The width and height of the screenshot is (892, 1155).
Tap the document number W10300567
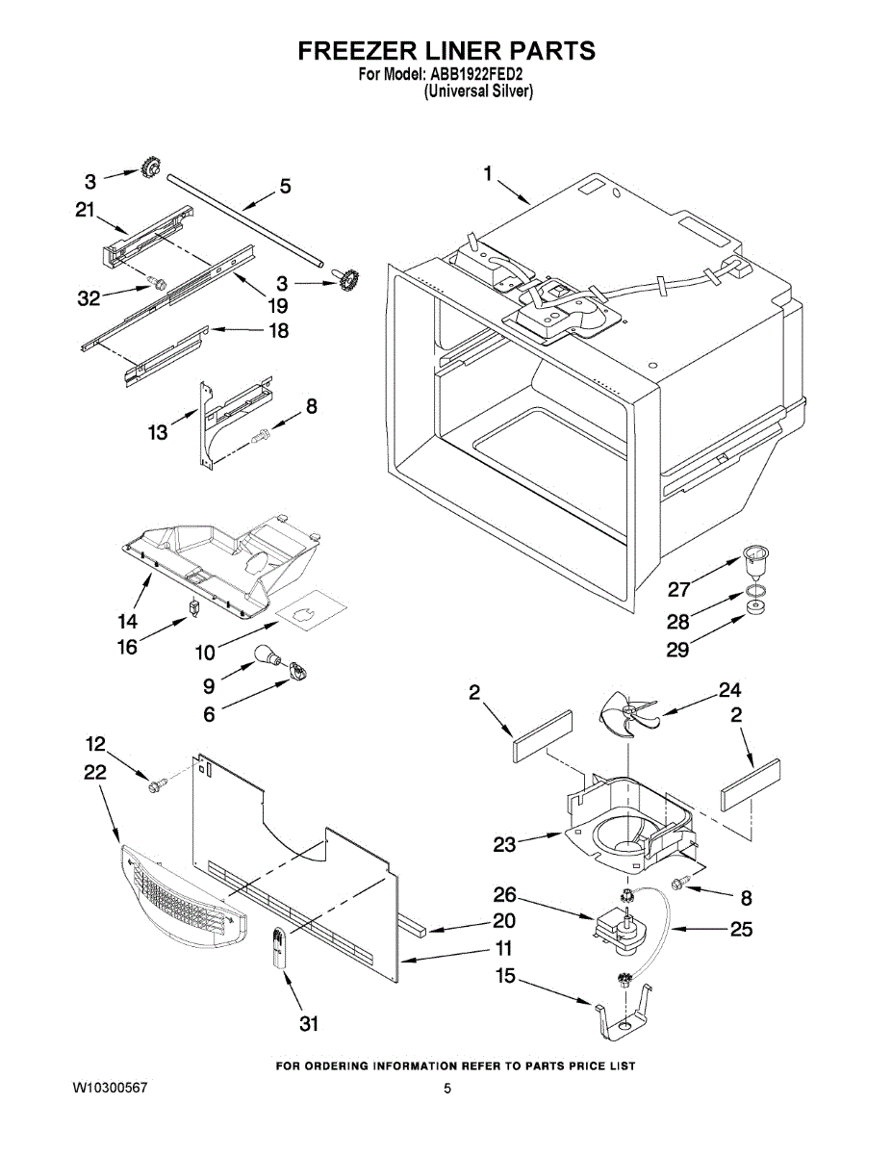coord(110,1088)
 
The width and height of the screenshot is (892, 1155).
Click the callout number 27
coord(678,589)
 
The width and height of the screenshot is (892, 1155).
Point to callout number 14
coord(128,620)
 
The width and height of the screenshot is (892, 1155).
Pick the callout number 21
coord(85,211)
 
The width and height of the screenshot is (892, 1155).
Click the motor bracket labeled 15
coord(623,1018)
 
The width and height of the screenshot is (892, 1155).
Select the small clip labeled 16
coord(194,608)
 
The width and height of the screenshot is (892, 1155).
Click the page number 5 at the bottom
coord(446,1089)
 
